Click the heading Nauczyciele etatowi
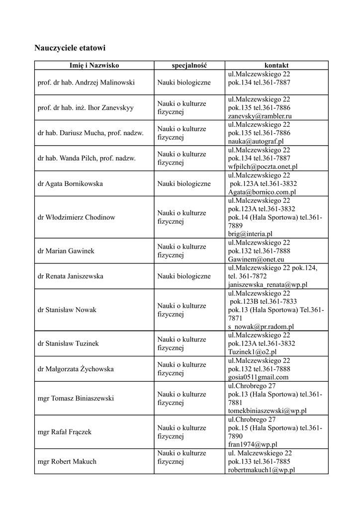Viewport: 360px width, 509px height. [x=70, y=48]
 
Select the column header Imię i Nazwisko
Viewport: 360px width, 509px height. [x=94, y=65]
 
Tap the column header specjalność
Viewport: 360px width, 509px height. [x=189, y=65]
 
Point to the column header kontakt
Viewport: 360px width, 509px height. [x=276, y=65]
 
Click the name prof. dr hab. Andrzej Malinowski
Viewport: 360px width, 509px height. [x=86, y=83]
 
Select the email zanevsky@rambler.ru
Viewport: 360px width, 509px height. [x=260, y=116]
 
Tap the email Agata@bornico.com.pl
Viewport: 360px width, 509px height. [x=262, y=192]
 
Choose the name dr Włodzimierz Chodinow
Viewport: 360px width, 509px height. [x=76, y=217]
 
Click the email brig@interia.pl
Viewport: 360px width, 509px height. [x=250, y=234]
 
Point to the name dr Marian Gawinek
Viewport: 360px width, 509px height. [x=66, y=251]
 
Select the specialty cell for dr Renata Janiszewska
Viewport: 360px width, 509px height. [x=184, y=276]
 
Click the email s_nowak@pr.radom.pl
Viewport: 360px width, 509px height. [x=261, y=327]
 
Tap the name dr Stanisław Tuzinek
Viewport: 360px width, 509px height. [x=68, y=343]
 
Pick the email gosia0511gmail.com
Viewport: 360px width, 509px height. [x=258, y=377]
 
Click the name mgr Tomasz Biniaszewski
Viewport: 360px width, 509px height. [x=76, y=398]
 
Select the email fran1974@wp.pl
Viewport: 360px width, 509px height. [x=253, y=444]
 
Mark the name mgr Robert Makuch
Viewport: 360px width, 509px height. [x=67, y=461]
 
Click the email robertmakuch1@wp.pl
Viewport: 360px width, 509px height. [x=262, y=469]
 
